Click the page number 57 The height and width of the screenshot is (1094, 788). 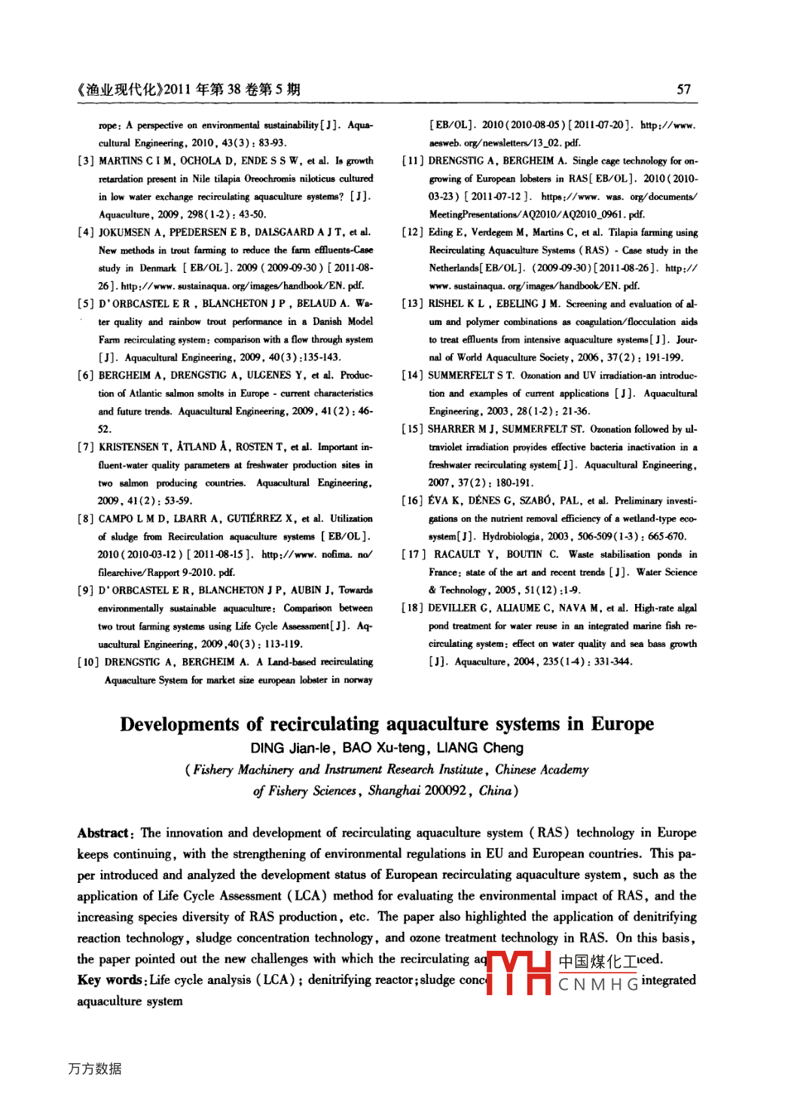683,90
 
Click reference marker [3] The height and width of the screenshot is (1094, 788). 86,161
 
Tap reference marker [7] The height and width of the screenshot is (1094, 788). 86,447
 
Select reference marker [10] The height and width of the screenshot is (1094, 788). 88,662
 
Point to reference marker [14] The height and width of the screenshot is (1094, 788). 412,375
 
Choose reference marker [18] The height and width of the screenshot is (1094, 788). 412,608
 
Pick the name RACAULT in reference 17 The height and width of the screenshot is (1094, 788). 457,554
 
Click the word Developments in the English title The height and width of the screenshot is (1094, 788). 179,725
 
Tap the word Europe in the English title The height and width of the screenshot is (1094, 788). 622,725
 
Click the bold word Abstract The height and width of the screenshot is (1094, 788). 104,833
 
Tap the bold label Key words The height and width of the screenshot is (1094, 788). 110,980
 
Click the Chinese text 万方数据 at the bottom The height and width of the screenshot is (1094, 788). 95,1068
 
